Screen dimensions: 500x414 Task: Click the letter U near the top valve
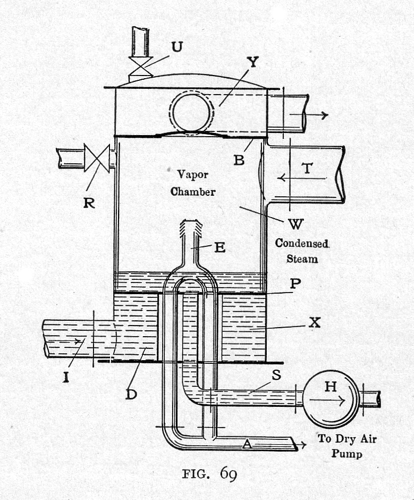click(x=176, y=47)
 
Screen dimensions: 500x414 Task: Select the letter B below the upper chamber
click(x=240, y=159)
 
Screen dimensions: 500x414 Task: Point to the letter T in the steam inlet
click(x=307, y=169)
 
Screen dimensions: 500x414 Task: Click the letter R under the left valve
click(x=89, y=202)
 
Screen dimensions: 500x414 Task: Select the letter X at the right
click(x=315, y=322)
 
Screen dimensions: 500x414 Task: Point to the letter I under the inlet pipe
click(x=66, y=378)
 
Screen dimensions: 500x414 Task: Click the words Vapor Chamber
click(x=193, y=182)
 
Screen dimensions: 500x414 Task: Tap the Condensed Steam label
click(x=301, y=251)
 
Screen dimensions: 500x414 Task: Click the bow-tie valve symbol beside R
click(x=96, y=159)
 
